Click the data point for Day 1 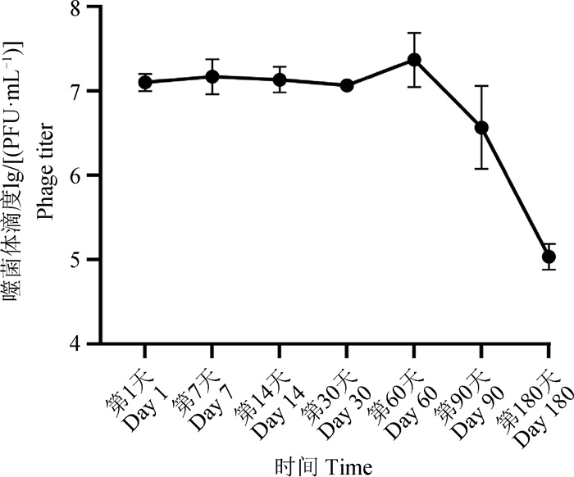click(145, 82)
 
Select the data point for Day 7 click(212, 77)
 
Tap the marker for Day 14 click(280, 79)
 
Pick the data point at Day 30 click(347, 85)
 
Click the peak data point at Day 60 click(414, 60)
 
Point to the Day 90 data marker click(482, 127)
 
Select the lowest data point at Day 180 click(549, 257)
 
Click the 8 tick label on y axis click(97, 8)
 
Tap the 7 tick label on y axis click(97, 91)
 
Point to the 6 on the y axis click(97, 175)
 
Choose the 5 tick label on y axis click(97, 260)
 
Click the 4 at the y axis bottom click(97, 344)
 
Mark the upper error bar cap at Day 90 click(482, 85)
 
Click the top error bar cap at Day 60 click(414, 33)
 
